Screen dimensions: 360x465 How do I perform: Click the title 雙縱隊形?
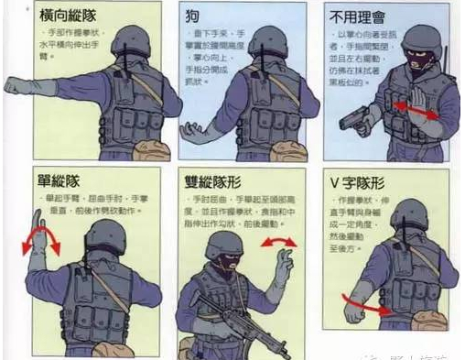pos(210,181)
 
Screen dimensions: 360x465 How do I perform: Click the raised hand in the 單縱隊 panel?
pos(38,224)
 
